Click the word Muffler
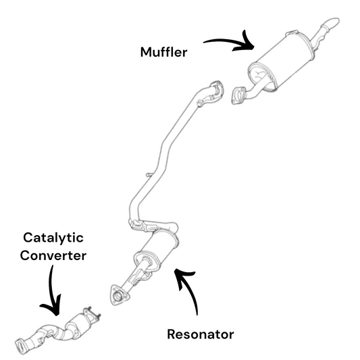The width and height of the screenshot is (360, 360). tap(163, 52)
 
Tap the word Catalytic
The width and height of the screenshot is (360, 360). tap(53, 238)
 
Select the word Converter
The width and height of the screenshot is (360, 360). tap(53, 255)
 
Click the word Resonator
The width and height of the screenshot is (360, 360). tap(201, 334)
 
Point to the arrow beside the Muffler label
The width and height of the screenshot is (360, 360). tap(232, 41)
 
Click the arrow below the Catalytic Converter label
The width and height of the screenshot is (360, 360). tap(51, 294)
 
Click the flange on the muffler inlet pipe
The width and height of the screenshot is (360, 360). tap(239, 95)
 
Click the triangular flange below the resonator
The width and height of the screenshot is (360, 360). tap(119, 295)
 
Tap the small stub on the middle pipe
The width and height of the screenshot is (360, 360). tap(149, 175)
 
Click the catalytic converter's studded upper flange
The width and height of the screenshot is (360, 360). tap(91, 315)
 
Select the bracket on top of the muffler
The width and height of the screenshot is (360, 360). tap(292, 33)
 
